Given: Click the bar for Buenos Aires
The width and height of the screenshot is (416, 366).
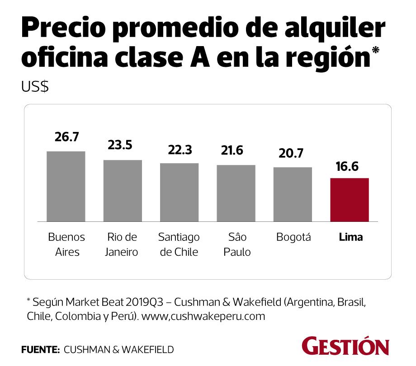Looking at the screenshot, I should (66, 186).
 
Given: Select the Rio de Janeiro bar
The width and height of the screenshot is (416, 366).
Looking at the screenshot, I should (123, 191).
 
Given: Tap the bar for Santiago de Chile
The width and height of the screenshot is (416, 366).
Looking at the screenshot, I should (179, 192).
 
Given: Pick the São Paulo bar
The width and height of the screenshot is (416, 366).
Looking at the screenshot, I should (236, 193).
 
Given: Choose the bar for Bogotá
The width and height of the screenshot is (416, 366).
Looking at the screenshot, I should (293, 194).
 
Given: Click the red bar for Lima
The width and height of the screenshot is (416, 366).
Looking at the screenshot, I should (350, 200).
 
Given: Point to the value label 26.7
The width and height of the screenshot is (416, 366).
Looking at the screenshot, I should (66, 137).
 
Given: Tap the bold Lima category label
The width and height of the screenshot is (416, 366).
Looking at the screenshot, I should (351, 237).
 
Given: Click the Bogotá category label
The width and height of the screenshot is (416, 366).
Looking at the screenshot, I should (293, 237).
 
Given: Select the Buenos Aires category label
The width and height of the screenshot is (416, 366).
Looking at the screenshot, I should (66, 244).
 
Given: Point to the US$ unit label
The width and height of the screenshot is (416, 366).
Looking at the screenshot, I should (35, 86).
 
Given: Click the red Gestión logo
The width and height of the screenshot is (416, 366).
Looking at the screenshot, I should (346, 346).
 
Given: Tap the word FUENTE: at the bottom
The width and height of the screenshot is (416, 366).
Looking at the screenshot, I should (40, 349).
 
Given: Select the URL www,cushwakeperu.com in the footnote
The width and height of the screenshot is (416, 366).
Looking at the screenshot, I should (203, 316).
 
